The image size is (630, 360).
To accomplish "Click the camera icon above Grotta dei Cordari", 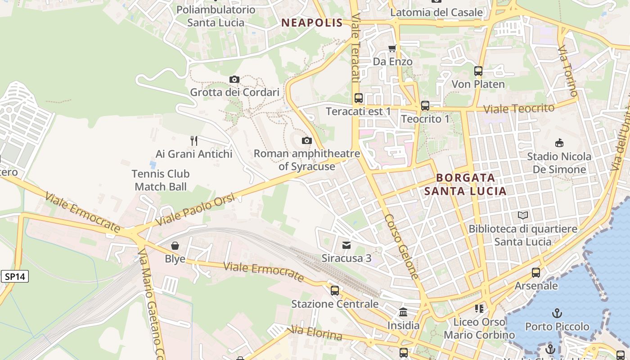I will coord(234,80).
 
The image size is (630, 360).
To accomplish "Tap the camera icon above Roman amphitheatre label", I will coord(306,141).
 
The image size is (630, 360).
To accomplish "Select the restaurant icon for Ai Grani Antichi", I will coord(194,141).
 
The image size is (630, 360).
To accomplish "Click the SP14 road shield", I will coord(14,276).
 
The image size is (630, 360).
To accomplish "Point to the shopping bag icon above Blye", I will coord(175,246).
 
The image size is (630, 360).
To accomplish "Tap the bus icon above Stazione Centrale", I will coord(335,291).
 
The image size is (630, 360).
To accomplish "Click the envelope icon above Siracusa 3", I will coord(346,245).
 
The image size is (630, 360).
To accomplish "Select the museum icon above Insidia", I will coord(403,312).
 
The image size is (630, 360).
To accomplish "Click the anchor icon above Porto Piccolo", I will coord(557,313).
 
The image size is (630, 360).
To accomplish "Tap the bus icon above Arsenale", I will coord(536,272).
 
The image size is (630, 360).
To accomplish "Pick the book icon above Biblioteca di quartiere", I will coord(523,216).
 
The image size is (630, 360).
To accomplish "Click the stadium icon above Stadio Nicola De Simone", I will coord(559,143).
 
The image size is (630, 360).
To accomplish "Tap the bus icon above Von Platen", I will coord(478,71).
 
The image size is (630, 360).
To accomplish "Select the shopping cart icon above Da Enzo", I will coord(392,48).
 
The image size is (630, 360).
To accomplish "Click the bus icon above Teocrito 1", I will coord(425,106).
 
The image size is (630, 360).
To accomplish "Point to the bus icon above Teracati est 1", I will coord(359,98).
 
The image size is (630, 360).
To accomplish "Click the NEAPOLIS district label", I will coord(312,23).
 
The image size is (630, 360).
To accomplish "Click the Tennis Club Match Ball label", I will coord(161,180).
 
